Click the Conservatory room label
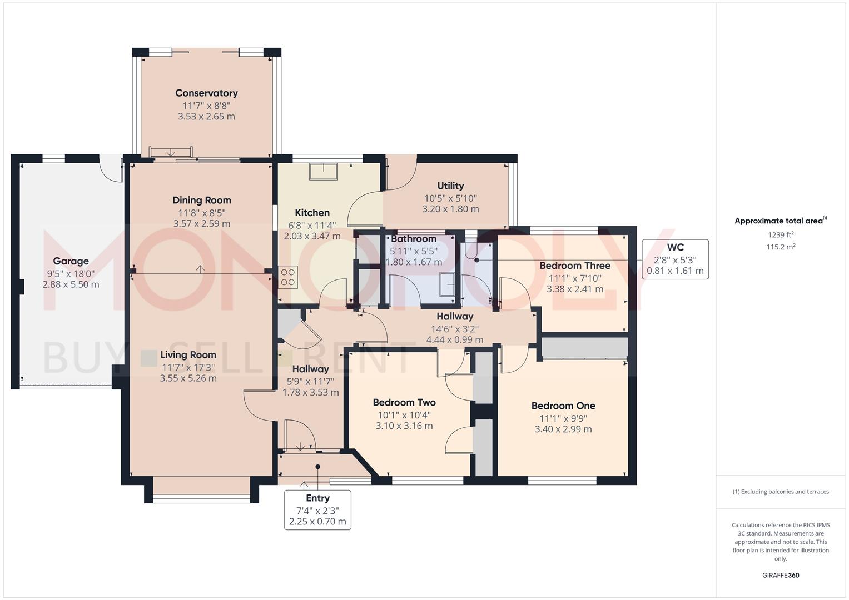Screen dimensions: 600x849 pos(206,93)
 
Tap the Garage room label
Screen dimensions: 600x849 pos(71,261)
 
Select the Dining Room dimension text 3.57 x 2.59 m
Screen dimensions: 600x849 pos(201,224)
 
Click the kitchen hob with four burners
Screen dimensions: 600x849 pos(288,277)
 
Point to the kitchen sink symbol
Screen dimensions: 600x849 pos(324,172)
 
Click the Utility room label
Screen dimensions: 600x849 pos(450,186)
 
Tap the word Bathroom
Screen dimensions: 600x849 pos(414,239)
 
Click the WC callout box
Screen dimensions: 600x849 pos(675,259)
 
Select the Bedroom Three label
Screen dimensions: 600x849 pos(575,266)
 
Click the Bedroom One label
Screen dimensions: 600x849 pos(563,406)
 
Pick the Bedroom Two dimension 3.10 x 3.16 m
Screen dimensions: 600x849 pos(404,426)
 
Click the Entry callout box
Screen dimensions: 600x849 pos(317,509)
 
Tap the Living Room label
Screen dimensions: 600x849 pos(188,355)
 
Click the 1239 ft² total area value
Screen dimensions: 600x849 pos(781,235)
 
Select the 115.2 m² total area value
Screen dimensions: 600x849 pos(781,247)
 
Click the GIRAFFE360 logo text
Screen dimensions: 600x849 pos(781,576)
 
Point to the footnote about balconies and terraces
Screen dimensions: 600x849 pos(781,492)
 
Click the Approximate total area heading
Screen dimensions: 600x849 pos(780,221)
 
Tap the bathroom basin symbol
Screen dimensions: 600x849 pos(448,284)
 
